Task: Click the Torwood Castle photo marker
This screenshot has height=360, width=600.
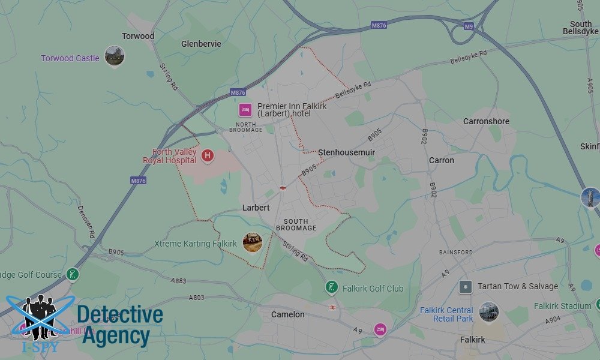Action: tap(114, 56)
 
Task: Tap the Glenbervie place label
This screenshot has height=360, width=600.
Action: tap(201, 44)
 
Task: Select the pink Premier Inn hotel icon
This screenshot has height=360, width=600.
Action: tap(245, 110)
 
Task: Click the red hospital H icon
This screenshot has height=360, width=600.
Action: tap(208, 156)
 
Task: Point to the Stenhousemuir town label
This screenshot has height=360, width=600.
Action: tap(346, 152)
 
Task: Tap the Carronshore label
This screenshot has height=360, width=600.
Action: tap(486, 121)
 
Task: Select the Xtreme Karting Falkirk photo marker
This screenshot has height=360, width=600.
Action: tap(252, 242)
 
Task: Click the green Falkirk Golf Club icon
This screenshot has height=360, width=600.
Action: tap(331, 287)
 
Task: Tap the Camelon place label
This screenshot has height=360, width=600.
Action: tap(287, 314)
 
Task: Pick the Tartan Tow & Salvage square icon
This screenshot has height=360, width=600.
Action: tap(465, 286)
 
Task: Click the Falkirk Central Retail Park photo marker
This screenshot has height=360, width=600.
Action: tap(489, 311)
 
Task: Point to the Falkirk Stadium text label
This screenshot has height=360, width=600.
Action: tap(562, 306)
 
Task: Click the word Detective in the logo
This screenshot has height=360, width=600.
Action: tap(120, 315)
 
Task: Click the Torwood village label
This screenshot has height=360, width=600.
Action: tap(138, 36)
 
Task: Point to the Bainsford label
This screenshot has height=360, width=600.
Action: tap(455, 253)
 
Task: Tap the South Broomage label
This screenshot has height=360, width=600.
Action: tap(296, 224)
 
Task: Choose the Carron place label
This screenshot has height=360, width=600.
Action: tap(441, 160)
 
